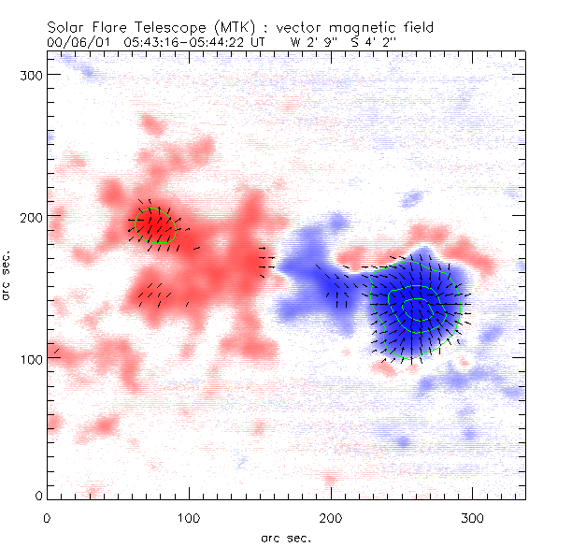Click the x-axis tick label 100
190,517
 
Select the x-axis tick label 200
332,517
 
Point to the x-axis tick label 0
47,517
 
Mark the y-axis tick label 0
37,496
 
